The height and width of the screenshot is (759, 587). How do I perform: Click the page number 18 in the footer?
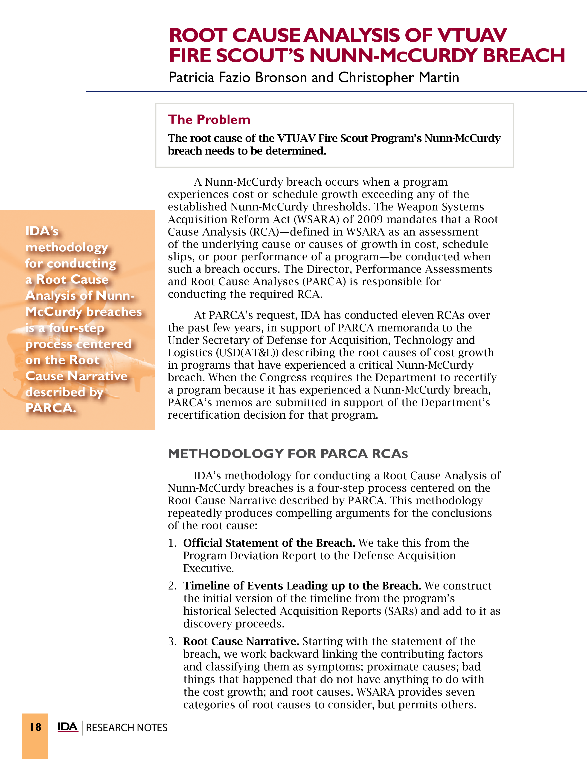(x=35, y=727)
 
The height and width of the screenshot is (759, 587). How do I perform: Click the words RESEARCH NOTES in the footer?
(x=127, y=728)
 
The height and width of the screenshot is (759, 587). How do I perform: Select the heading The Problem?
(x=209, y=120)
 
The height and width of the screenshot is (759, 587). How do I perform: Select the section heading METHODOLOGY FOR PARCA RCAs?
(x=288, y=454)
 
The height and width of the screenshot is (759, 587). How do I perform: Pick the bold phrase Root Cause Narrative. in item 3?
(x=241, y=641)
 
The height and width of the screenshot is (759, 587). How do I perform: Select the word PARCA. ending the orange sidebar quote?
(x=50, y=408)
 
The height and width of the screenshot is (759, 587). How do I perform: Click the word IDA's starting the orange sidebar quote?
(x=42, y=231)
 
